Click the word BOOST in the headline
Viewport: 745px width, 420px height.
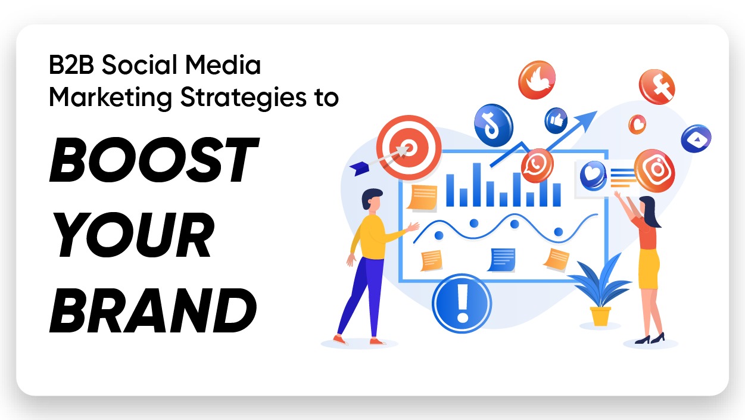(x=154, y=160)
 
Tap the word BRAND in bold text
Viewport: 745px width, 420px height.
(x=153, y=310)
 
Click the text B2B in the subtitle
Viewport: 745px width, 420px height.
(x=71, y=64)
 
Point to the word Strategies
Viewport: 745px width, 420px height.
(x=244, y=98)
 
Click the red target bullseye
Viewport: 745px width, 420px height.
(x=409, y=148)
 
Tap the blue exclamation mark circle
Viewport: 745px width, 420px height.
(x=462, y=303)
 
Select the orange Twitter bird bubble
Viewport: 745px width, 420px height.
(x=537, y=80)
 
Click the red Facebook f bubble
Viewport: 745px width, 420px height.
(x=657, y=87)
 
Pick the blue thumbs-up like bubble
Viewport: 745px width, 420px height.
(x=556, y=120)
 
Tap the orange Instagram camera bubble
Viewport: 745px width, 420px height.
(x=654, y=170)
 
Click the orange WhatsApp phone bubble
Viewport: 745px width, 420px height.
(x=537, y=166)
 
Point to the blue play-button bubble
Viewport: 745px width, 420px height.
(x=696, y=138)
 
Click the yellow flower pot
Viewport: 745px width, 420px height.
(x=600, y=316)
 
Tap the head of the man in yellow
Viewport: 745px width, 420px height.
(x=372, y=200)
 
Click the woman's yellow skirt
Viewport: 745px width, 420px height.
(x=649, y=269)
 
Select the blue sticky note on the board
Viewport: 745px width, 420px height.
(x=502, y=260)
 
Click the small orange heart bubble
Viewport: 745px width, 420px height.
(x=637, y=125)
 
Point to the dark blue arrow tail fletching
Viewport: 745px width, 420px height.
(x=360, y=169)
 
